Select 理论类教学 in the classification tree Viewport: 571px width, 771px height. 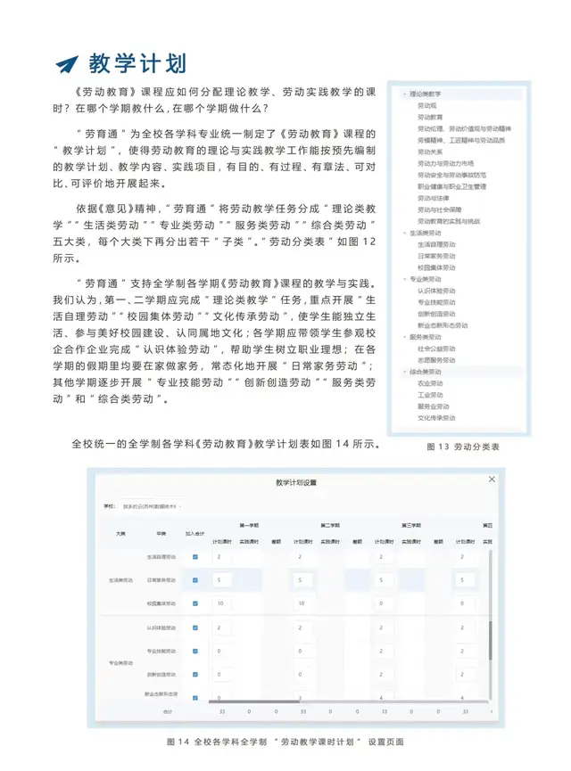click(426, 94)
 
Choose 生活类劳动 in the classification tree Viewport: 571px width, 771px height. click(426, 234)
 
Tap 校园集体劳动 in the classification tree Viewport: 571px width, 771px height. click(436, 267)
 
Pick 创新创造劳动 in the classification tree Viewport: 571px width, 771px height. click(436, 314)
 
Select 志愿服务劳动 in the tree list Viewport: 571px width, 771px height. click(436, 359)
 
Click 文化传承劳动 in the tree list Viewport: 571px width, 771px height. click(436, 417)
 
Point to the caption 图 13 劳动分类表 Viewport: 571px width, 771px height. click(463, 446)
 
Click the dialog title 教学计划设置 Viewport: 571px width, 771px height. click(296, 482)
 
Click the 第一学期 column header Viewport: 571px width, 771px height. click(248, 525)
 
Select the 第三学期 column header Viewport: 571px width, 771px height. click(410, 525)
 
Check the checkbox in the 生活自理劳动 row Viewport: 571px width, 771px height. click(195, 557)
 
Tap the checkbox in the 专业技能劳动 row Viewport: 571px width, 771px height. click(195, 651)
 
